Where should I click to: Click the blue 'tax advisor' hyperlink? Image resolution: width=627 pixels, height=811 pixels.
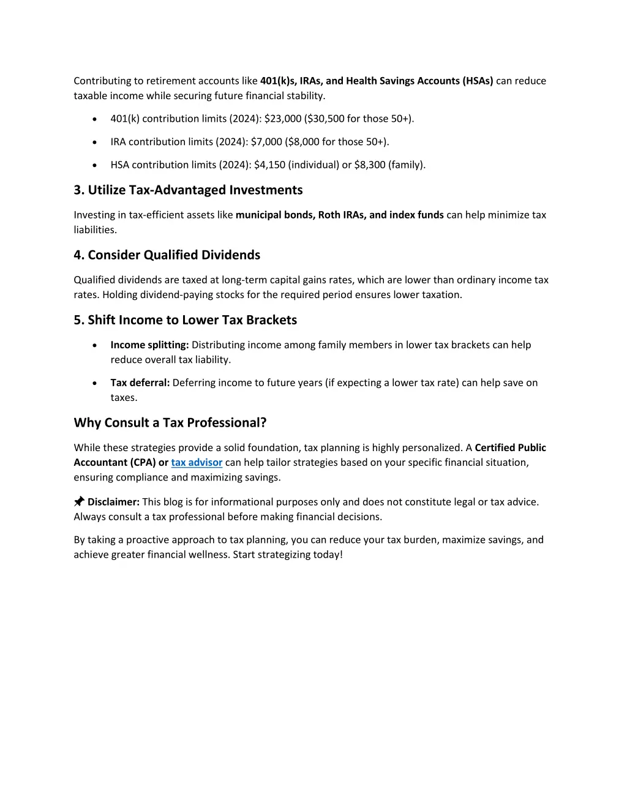click(197, 463)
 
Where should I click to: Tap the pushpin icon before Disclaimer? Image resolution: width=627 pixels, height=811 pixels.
click(79, 502)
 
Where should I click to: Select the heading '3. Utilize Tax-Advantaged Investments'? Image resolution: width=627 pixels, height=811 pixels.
click(188, 190)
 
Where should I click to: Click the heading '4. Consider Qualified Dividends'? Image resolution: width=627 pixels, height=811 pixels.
click(167, 255)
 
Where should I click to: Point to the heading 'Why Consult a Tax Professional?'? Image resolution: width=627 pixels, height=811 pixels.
click(170, 423)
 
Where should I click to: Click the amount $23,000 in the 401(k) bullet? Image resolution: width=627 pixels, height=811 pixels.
click(283, 119)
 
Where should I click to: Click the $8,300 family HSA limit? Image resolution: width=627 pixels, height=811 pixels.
click(370, 165)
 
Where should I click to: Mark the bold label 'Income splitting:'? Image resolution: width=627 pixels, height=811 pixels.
click(149, 345)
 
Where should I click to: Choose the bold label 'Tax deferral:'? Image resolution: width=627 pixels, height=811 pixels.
click(140, 383)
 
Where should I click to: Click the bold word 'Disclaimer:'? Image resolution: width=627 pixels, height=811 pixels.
click(114, 502)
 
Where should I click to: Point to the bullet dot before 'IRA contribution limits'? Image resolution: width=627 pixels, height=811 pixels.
click(94, 142)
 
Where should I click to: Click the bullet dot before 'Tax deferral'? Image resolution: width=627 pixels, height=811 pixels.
click(94, 383)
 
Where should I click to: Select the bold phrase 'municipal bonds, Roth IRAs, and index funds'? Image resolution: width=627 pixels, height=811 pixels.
click(340, 215)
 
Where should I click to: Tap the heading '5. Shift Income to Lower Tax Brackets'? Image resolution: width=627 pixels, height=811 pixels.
click(186, 320)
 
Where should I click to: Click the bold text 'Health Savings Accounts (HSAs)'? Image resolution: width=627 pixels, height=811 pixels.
click(419, 81)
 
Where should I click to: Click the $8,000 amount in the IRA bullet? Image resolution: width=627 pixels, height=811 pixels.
click(304, 142)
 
